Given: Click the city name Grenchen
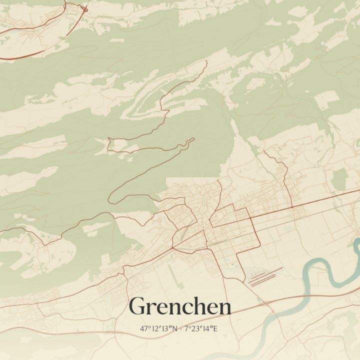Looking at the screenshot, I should click(x=180, y=306).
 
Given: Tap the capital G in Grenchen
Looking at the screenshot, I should click(x=137, y=306).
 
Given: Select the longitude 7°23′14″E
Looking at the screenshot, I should click(x=202, y=329).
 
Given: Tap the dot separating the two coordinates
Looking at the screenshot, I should click(x=181, y=329).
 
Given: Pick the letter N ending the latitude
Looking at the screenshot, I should click(x=175, y=329).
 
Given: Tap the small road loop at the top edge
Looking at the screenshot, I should click(x=83, y=8).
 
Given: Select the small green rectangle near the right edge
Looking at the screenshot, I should click(x=340, y=179).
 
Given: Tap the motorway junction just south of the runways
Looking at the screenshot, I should click(x=262, y=303).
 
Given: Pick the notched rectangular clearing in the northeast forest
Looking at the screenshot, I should click(x=327, y=100).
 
